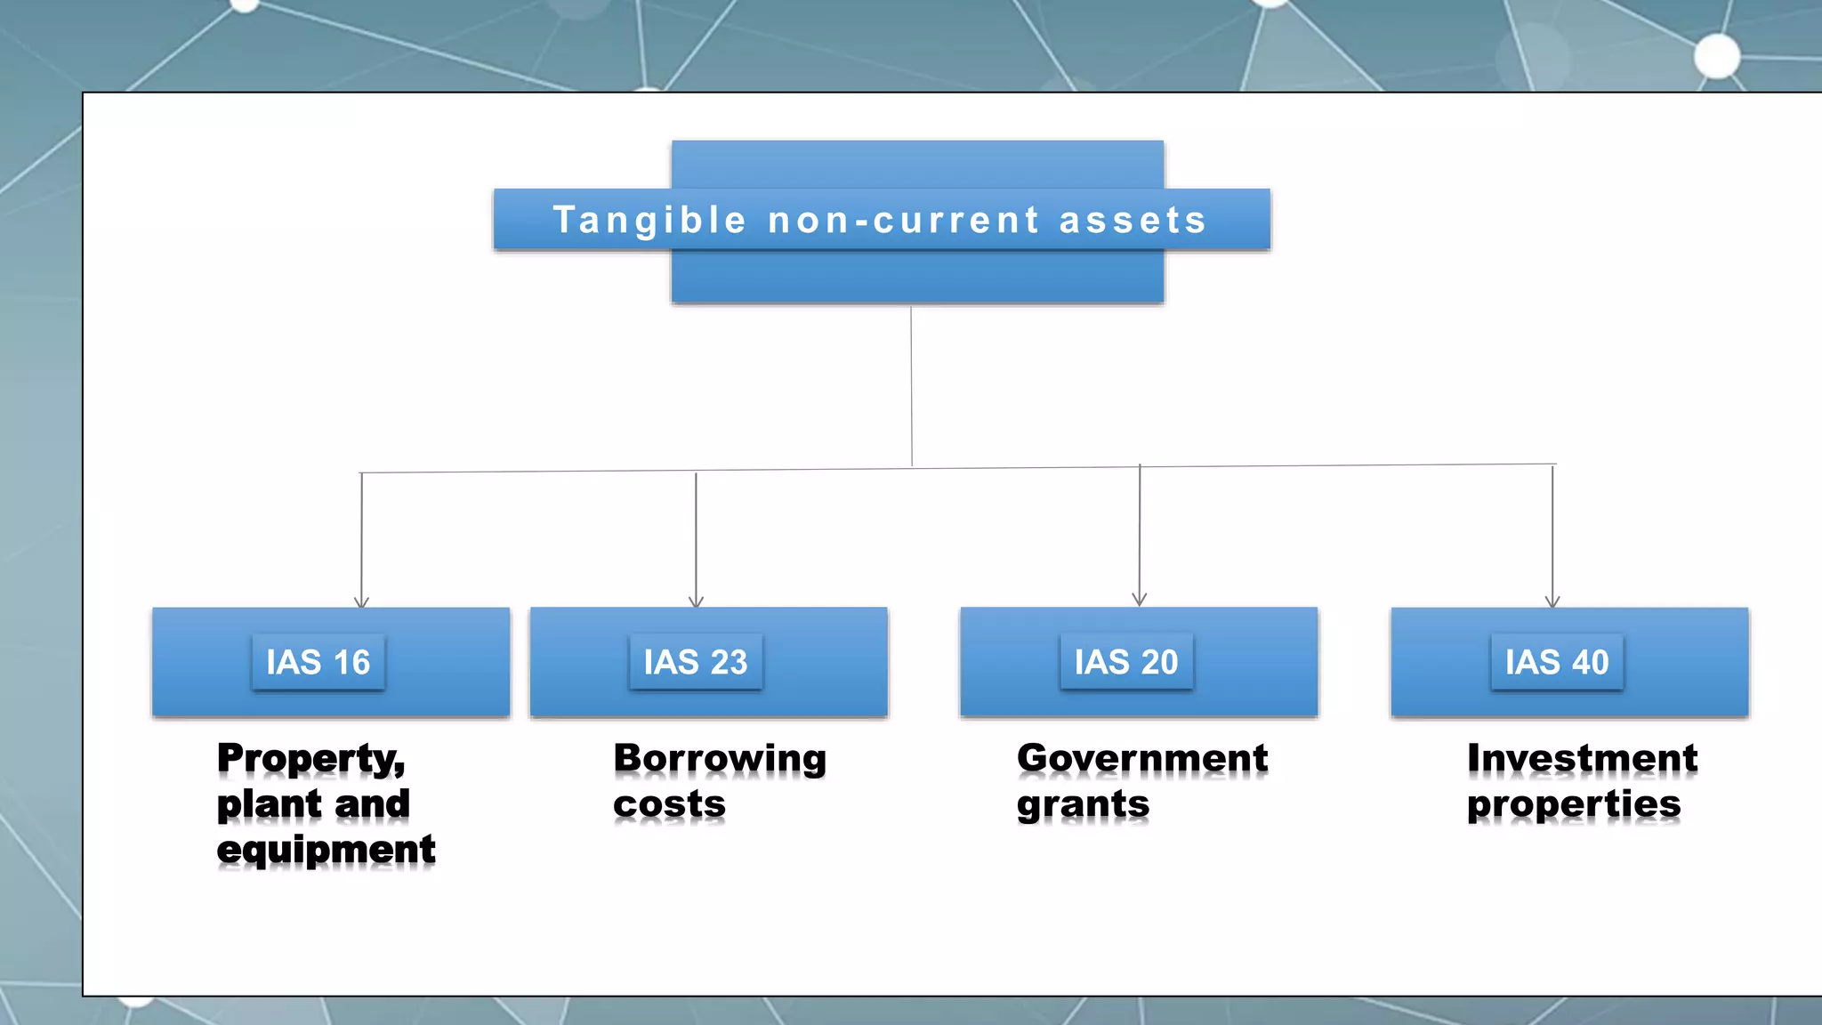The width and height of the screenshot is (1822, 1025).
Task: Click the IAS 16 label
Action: [x=318, y=662]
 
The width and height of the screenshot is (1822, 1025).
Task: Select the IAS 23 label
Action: [x=696, y=662]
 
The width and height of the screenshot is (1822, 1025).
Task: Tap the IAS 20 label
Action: [x=1126, y=662]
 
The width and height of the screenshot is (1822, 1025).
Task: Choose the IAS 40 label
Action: [x=1557, y=662]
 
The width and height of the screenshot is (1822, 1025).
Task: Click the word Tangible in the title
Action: [x=649, y=220]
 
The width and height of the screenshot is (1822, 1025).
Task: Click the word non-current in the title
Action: [x=903, y=220]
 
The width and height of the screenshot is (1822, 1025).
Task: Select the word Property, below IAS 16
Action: [x=311, y=759]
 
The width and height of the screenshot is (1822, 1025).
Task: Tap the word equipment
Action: [x=326, y=850]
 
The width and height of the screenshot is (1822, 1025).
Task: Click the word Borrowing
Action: [x=720, y=759]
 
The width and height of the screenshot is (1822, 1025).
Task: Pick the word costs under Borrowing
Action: [x=669, y=804]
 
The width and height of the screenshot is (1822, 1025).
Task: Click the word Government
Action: [x=1142, y=759]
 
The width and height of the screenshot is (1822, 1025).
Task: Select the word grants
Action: [x=1083, y=805]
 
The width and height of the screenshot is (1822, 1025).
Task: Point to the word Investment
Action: [x=1582, y=759]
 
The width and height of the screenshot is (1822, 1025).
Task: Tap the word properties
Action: [x=1573, y=805]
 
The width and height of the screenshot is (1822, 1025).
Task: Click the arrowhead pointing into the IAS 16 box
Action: [x=361, y=602]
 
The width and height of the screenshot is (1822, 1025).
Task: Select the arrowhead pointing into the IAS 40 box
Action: [x=1552, y=602]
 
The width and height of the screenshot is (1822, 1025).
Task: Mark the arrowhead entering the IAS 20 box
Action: [x=1140, y=600]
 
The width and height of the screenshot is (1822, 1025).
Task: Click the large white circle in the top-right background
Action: [x=1717, y=57]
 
